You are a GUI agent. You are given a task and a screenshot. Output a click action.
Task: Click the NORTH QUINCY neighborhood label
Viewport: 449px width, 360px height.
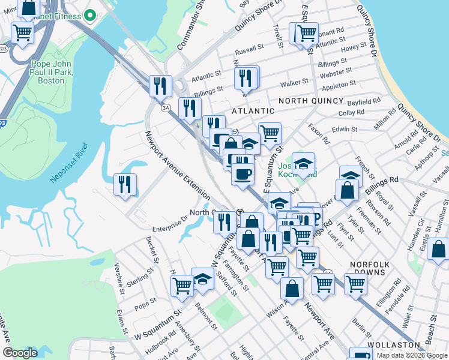click(x=315, y=101)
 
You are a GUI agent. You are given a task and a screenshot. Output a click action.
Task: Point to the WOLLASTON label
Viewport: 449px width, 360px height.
click(x=394, y=345)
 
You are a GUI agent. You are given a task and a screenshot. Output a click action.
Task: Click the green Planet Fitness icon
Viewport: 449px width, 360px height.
click(x=90, y=16)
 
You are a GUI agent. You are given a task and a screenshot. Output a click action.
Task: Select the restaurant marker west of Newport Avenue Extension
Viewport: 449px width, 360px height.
click(x=125, y=184)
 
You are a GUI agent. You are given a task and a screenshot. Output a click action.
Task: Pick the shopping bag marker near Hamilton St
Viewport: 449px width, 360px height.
click(x=439, y=248)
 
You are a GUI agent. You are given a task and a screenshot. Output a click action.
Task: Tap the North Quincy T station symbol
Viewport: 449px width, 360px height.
click(x=240, y=212)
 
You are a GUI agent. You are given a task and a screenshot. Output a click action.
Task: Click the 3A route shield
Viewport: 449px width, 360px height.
click(x=166, y=108)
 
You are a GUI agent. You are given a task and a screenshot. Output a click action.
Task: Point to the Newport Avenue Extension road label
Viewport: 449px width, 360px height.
click(x=178, y=164)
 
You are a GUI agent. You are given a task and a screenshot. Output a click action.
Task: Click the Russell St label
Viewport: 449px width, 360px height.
click(x=250, y=46)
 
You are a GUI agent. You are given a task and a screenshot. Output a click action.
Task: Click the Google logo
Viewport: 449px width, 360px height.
click(x=20, y=353)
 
